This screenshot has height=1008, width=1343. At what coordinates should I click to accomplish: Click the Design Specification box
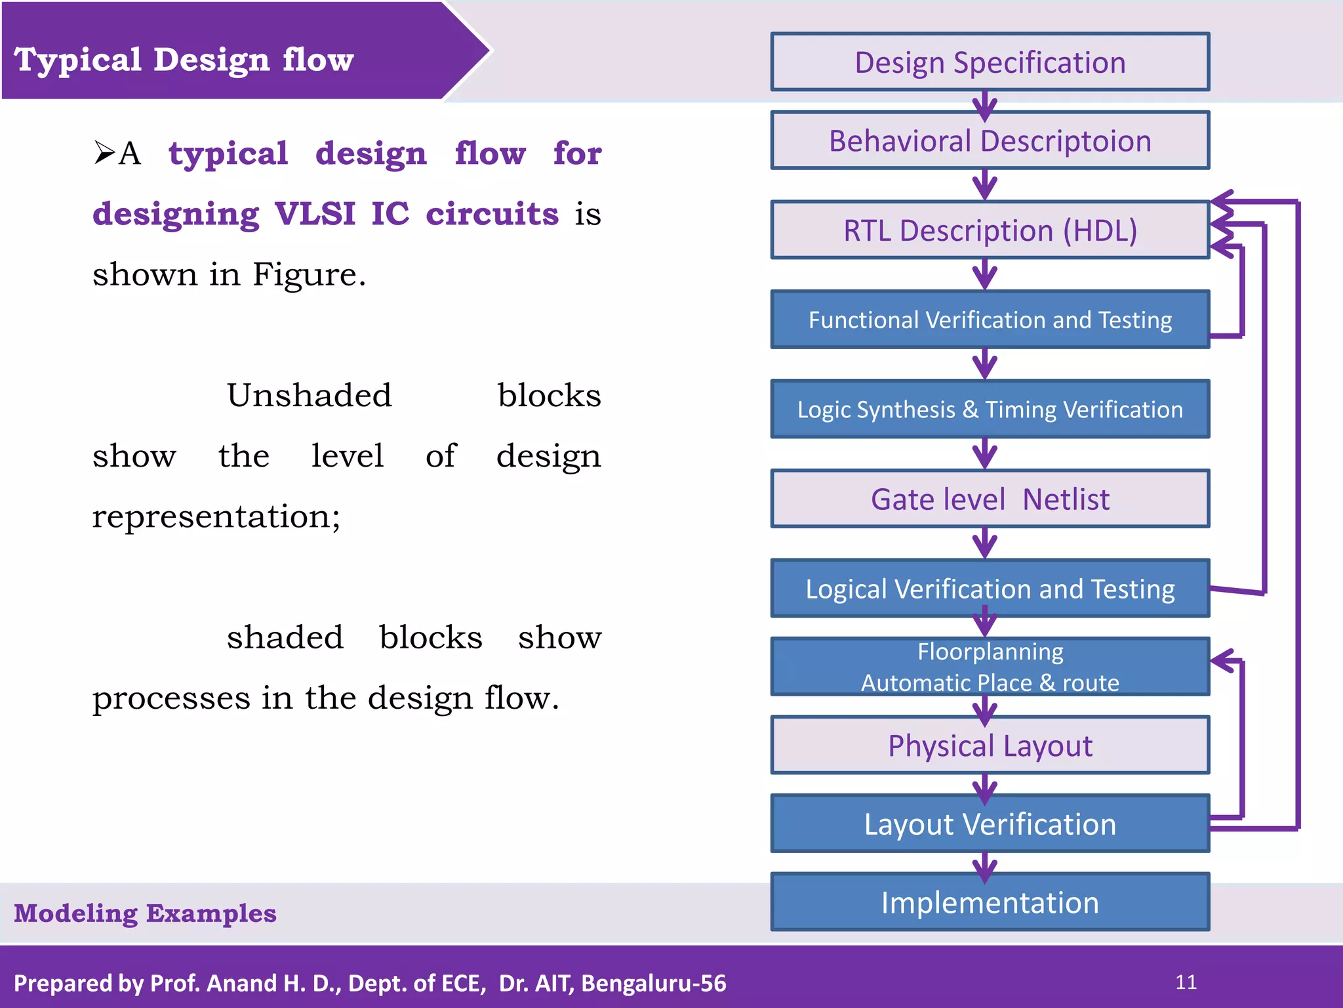point(990,62)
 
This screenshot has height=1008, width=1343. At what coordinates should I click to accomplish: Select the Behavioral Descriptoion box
point(990,140)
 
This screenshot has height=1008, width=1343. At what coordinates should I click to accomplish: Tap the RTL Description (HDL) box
point(990,230)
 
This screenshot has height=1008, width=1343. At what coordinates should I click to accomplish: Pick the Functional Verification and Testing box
point(990,320)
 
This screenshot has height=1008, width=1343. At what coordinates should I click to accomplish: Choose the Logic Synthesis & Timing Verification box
point(990,409)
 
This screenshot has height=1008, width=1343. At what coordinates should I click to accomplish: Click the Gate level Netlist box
point(990,499)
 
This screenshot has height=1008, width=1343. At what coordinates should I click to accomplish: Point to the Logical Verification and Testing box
point(990,589)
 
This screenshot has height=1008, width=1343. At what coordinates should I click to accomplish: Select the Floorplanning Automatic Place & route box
point(990,667)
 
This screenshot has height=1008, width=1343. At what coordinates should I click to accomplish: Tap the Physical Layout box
point(990,745)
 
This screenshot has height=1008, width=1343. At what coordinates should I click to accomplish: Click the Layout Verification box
point(990,824)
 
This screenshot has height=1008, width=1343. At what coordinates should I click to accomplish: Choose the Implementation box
point(990,902)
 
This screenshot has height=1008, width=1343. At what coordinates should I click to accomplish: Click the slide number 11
point(1186,982)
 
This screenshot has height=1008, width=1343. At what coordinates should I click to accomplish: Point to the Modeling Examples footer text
point(145,913)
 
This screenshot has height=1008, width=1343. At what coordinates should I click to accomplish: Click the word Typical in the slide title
point(77,60)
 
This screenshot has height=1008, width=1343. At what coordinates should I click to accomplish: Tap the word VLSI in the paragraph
point(315,214)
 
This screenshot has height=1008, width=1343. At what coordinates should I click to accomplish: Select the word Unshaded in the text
point(309,396)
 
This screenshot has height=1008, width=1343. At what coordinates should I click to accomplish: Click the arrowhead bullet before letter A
point(104,152)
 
